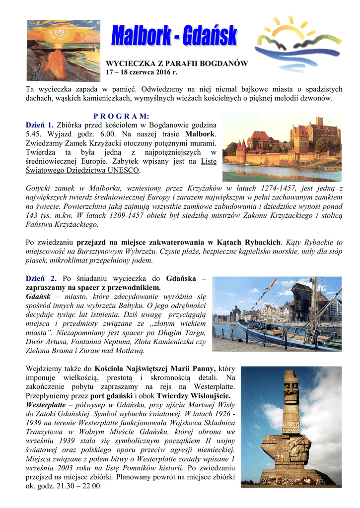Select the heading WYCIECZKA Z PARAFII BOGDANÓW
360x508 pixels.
[x=177, y=64]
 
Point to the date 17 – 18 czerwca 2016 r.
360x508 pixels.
[x=142, y=72]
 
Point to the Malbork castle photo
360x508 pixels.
[x=282, y=147]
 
